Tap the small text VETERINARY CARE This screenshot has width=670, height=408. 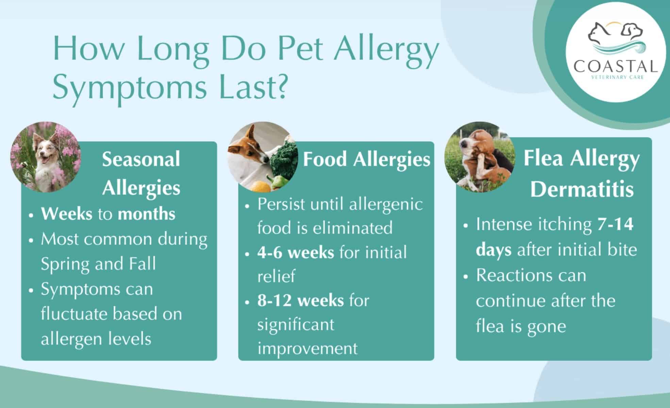[x=618, y=78]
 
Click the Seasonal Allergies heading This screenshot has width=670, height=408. [x=141, y=173]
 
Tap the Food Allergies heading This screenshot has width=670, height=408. [x=366, y=159]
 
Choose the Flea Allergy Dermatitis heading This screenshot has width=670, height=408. [x=582, y=173]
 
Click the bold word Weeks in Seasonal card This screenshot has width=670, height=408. [x=67, y=214]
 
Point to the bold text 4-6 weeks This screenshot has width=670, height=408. [x=296, y=253]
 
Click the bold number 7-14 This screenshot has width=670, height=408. [x=615, y=224]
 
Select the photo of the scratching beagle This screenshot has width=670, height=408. [x=480, y=157]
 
